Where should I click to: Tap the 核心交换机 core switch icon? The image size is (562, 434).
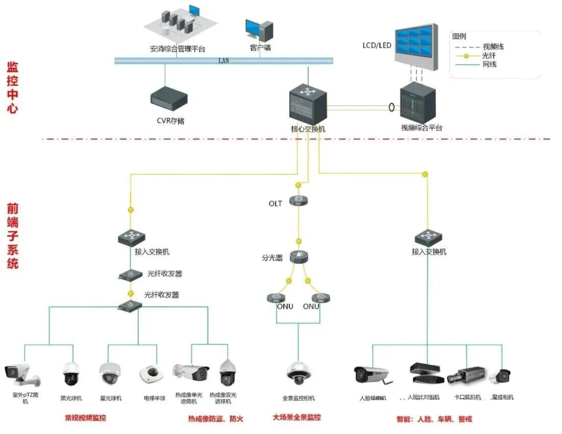(307, 104)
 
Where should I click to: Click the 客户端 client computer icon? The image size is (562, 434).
(259, 31)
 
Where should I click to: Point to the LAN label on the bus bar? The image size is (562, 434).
(224, 60)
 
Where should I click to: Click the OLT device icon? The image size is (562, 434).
(298, 200)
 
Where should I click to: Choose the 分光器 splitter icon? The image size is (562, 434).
(298, 257)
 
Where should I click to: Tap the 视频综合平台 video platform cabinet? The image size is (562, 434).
(418, 103)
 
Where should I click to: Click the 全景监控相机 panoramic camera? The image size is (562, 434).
(298, 374)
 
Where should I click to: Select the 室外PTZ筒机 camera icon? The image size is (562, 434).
(22, 374)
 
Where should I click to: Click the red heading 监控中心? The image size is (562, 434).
(13, 88)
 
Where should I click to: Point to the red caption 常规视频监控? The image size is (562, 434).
(85, 418)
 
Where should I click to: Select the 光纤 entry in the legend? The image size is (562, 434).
(489, 55)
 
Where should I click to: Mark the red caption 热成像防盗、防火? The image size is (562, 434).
(215, 419)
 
